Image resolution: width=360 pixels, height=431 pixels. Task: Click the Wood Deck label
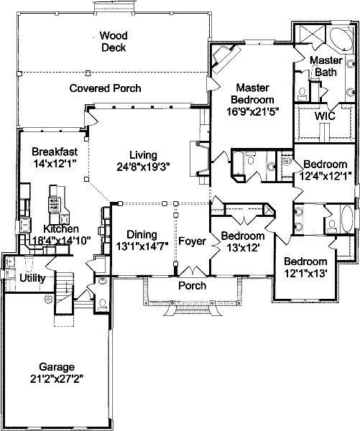114,42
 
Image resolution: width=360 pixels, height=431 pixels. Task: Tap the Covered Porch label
106,88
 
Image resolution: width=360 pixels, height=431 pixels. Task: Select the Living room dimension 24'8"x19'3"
143,167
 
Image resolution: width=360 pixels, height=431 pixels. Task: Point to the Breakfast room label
55,152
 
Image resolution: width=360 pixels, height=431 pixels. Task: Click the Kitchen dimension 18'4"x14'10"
61,241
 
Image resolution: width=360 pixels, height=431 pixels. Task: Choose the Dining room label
142,234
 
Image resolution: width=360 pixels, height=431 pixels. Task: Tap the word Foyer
193,241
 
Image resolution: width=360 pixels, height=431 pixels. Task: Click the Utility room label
32,278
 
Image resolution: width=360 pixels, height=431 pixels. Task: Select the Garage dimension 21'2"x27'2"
57,379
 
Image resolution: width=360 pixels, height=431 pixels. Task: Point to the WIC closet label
325,116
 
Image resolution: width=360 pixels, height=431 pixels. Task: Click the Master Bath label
326,66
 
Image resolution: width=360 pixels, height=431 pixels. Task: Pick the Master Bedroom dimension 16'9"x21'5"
253,111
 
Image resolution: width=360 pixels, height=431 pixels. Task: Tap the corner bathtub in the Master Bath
341,40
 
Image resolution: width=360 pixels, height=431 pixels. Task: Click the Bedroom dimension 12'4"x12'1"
325,177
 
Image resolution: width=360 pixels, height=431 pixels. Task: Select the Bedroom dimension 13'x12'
243,248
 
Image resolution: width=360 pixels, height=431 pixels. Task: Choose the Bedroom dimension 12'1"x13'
305,273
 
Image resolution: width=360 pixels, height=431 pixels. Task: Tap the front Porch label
193,286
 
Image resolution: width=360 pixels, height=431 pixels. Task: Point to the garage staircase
65,293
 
